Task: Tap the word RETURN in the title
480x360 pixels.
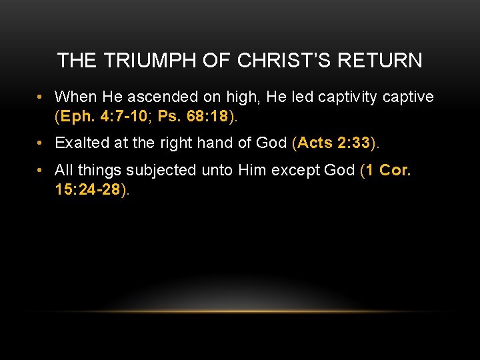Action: (x=380, y=61)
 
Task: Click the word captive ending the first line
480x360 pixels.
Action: (x=409, y=97)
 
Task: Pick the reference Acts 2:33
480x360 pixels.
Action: (x=334, y=143)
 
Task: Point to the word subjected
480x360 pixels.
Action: (x=174, y=170)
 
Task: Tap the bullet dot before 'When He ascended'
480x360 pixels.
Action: (x=41, y=98)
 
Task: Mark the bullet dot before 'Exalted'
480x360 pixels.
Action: (x=41, y=143)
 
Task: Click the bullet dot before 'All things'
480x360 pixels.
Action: (x=41, y=171)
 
